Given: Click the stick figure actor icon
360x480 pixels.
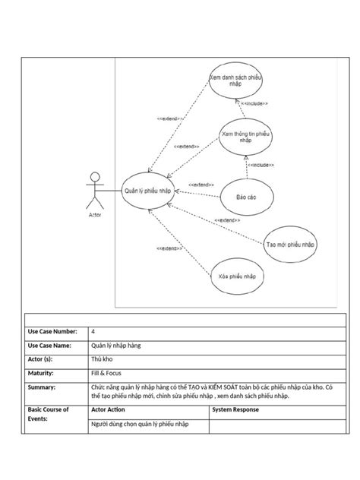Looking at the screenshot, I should [x=95, y=191].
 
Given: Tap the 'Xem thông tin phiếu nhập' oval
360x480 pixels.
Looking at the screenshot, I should [x=245, y=137].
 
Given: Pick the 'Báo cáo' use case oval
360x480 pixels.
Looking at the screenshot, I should [x=245, y=197].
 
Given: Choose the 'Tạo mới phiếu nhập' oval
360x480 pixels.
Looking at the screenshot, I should [x=290, y=245].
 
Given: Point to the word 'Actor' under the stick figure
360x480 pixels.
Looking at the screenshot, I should [x=95, y=214].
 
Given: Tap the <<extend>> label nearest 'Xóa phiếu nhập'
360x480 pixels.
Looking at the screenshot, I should [x=169, y=248].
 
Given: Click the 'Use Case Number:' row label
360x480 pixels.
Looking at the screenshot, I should [x=52, y=332].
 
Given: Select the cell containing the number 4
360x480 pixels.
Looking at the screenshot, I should [x=93, y=332].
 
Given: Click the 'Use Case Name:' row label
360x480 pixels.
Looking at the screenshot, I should [x=49, y=346].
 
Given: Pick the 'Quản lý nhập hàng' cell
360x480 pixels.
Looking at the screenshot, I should [x=115, y=346].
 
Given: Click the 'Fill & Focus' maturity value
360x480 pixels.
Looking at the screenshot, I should [x=106, y=373].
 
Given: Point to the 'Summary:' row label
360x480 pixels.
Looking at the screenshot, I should [x=42, y=387].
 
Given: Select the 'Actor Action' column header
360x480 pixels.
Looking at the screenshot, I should [x=108, y=410].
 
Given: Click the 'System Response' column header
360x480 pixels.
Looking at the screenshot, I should [x=235, y=410].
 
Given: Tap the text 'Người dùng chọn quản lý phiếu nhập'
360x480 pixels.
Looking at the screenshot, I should [x=139, y=425].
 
